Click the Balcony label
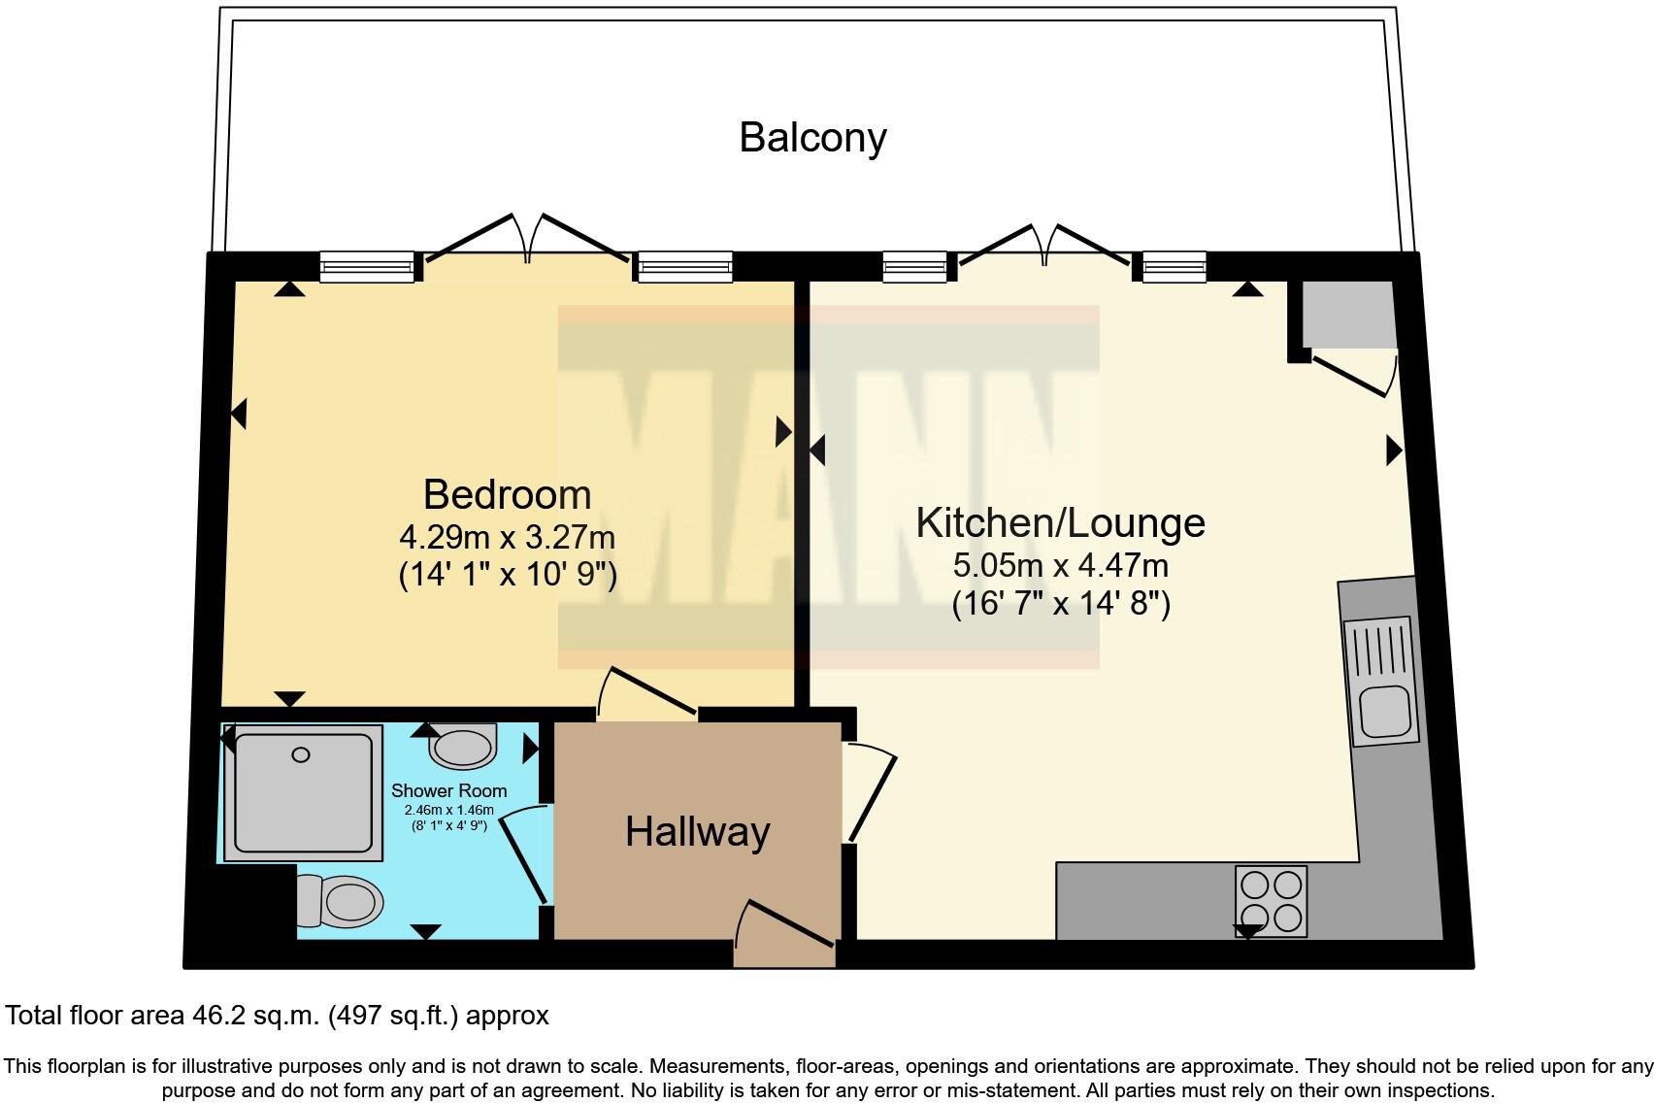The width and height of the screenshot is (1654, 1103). (x=812, y=137)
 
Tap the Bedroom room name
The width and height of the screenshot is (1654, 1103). (x=507, y=494)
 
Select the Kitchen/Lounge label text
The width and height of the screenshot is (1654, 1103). (x=1060, y=522)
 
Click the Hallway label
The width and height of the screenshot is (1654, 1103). (x=697, y=832)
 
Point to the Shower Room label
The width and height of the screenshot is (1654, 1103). (x=448, y=790)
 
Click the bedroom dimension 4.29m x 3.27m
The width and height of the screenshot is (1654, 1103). (x=507, y=536)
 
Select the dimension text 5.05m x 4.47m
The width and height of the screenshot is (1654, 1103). (x=1060, y=564)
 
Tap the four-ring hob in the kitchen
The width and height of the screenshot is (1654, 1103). (x=1271, y=900)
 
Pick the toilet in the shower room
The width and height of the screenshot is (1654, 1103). (x=340, y=900)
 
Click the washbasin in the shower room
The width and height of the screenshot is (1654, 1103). (x=463, y=747)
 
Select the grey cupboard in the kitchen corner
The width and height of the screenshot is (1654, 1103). (x=1348, y=315)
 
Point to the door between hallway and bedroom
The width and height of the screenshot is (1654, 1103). (x=645, y=693)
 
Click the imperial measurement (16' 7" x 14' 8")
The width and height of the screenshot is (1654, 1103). (x=1060, y=604)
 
